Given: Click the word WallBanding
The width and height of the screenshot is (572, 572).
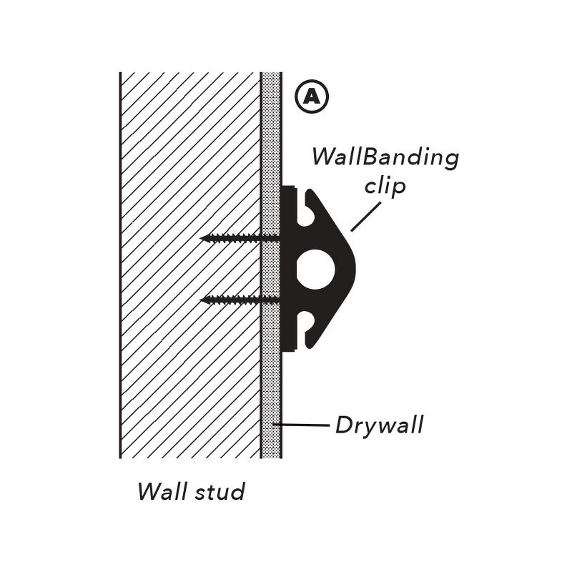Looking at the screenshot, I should click(385, 157).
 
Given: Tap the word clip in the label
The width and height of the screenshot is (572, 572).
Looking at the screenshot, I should click(385, 186).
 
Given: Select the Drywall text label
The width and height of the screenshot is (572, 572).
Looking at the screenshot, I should click(380, 425).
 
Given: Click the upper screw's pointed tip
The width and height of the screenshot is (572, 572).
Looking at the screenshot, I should click(203, 237).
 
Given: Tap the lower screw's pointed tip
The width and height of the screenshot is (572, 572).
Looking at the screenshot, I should click(203, 300).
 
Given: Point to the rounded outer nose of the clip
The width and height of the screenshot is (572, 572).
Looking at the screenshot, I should click(352, 268).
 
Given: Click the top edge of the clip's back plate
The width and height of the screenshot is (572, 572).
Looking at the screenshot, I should click(289, 188).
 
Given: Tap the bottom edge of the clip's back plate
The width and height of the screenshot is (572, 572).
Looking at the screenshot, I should click(289, 350).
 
